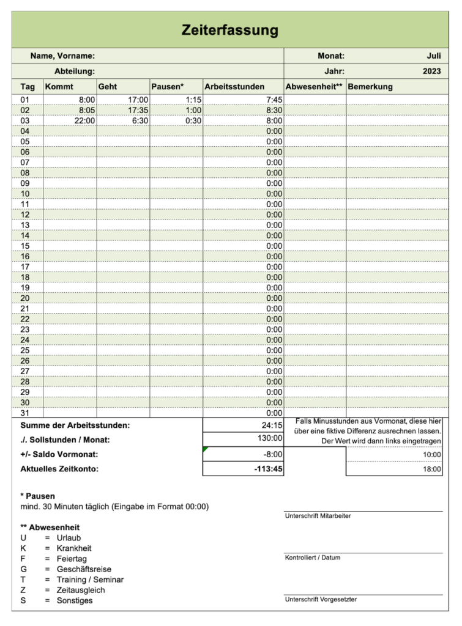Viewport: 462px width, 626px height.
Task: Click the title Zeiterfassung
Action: pos(230,30)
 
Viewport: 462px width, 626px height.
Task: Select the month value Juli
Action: pos(433,56)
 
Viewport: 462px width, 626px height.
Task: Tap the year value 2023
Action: pos(431,71)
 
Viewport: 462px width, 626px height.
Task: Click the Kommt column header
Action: pos(59,87)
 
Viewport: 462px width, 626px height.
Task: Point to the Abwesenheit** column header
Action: pos(315,87)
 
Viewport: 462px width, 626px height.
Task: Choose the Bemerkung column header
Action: pos(370,87)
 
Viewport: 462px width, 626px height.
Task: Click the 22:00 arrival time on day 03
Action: pos(84,120)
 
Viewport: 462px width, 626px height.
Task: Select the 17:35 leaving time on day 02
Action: pos(138,110)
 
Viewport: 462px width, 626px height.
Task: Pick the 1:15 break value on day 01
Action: pos(193,100)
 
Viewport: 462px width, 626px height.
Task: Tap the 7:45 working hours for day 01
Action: pos(274,100)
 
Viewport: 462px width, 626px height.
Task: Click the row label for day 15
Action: pos(25,246)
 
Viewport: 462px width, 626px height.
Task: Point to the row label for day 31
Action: pos(25,413)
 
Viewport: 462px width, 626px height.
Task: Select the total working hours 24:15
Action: pos(271,425)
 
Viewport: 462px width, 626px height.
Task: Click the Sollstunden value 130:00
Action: pos(270,438)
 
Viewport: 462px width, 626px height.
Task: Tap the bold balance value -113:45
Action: pos(268,469)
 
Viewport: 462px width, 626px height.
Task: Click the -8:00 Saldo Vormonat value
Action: pos(272,454)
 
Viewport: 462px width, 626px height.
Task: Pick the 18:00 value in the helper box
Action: pos(431,469)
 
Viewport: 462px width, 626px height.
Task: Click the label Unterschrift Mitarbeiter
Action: pos(318,516)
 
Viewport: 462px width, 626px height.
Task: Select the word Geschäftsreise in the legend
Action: pos(84,569)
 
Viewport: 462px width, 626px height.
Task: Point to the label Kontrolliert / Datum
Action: pos(313,558)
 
